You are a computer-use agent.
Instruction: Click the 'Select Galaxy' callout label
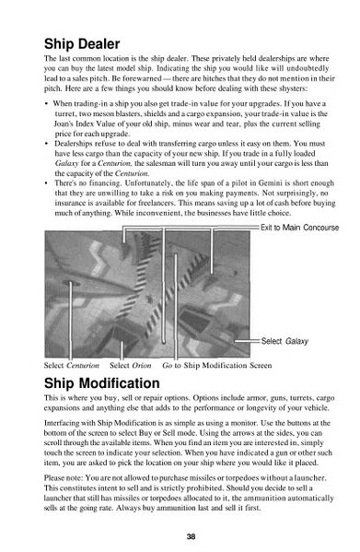(285, 341)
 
